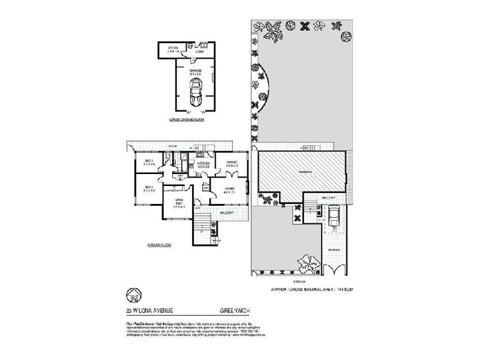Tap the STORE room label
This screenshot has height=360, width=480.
[x=173, y=47]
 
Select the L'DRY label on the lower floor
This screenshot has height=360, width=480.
[x=200, y=52]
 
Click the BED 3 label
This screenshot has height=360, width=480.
[x=149, y=163]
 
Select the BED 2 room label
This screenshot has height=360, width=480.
[x=149, y=189]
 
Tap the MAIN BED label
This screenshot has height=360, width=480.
[x=179, y=202]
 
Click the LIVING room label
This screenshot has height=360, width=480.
[x=229, y=190]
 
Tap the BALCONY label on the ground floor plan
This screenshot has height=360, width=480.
[x=227, y=212]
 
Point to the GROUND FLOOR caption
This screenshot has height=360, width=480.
[x=160, y=245]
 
